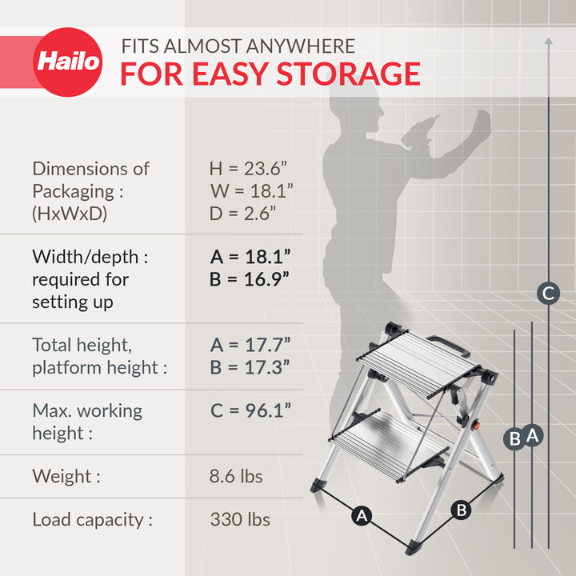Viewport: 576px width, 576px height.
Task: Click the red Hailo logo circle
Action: pyautogui.click(x=68, y=62)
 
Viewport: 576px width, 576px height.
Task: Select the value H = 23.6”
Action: pyautogui.click(x=248, y=169)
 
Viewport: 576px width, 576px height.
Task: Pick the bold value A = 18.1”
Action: pyautogui.click(x=250, y=257)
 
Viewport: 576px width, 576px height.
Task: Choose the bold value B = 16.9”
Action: pyautogui.click(x=250, y=279)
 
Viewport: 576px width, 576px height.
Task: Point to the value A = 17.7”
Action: pyautogui.click(x=250, y=345)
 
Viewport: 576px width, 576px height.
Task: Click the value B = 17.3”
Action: pyautogui.click(x=250, y=367)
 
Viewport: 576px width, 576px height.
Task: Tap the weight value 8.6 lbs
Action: pyautogui.click(x=236, y=476)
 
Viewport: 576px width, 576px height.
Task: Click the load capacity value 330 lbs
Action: pyautogui.click(x=240, y=519)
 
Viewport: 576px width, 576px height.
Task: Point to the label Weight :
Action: pyautogui.click(x=66, y=476)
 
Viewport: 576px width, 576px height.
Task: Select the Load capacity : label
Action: pyautogui.click(x=92, y=519)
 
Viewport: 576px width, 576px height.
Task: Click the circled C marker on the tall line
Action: pyautogui.click(x=548, y=294)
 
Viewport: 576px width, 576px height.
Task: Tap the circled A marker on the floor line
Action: pyautogui.click(x=362, y=516)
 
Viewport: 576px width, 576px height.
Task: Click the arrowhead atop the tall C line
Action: pyautogui.click(x=548, y=39)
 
